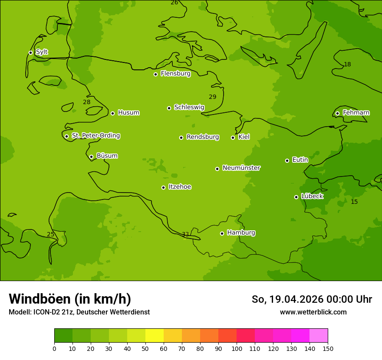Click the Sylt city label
click(42, 52)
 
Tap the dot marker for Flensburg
click(155, 74)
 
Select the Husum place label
click(128, 113)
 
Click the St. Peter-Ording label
click(95, 136)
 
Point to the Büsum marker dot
click(91, 157)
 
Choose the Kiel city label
click(244, 137)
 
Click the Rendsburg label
click(203, 137)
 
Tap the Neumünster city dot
click(217, 169)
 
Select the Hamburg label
click(241, 233)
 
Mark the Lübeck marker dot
click(296, 197)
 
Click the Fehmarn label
click(356, 113)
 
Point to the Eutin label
click(300, 160)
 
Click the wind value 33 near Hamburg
click(185, 235)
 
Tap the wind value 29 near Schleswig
click(212, 97)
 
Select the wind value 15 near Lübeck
click(354, 202)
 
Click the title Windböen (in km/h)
click(69, 299)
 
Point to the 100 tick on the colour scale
click(237, 348)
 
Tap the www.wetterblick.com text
click(313, 312)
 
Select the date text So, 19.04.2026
click(287, 299)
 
